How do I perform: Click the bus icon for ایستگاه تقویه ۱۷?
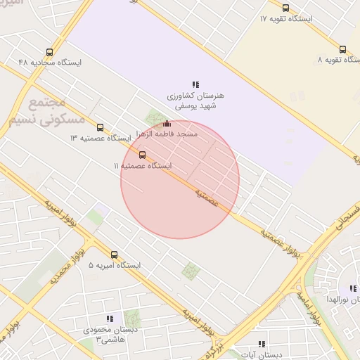pos(285,8)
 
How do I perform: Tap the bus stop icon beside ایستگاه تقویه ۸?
pos(342,49)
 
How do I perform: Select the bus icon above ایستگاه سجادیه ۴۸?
pos(49,52)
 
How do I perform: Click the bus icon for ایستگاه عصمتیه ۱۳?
pos(100,127)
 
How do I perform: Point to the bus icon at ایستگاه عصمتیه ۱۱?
pos(143,154)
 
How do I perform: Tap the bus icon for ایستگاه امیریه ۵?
pos(115,255)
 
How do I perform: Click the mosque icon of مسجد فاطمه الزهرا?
pos(166,124)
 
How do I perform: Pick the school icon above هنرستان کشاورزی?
pos(195,84)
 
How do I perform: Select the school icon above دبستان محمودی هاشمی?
pos(108,319)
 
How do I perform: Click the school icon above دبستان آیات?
pos(262,344)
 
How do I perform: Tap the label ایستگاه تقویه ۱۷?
pos(285,18)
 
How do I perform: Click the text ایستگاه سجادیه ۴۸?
pos(50,63)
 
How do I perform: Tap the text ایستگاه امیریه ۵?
pos(115,266)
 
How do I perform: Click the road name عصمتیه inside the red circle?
pos(207,198)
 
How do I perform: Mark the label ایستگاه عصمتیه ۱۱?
pos(143,165)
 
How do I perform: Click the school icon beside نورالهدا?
pos(352,289)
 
